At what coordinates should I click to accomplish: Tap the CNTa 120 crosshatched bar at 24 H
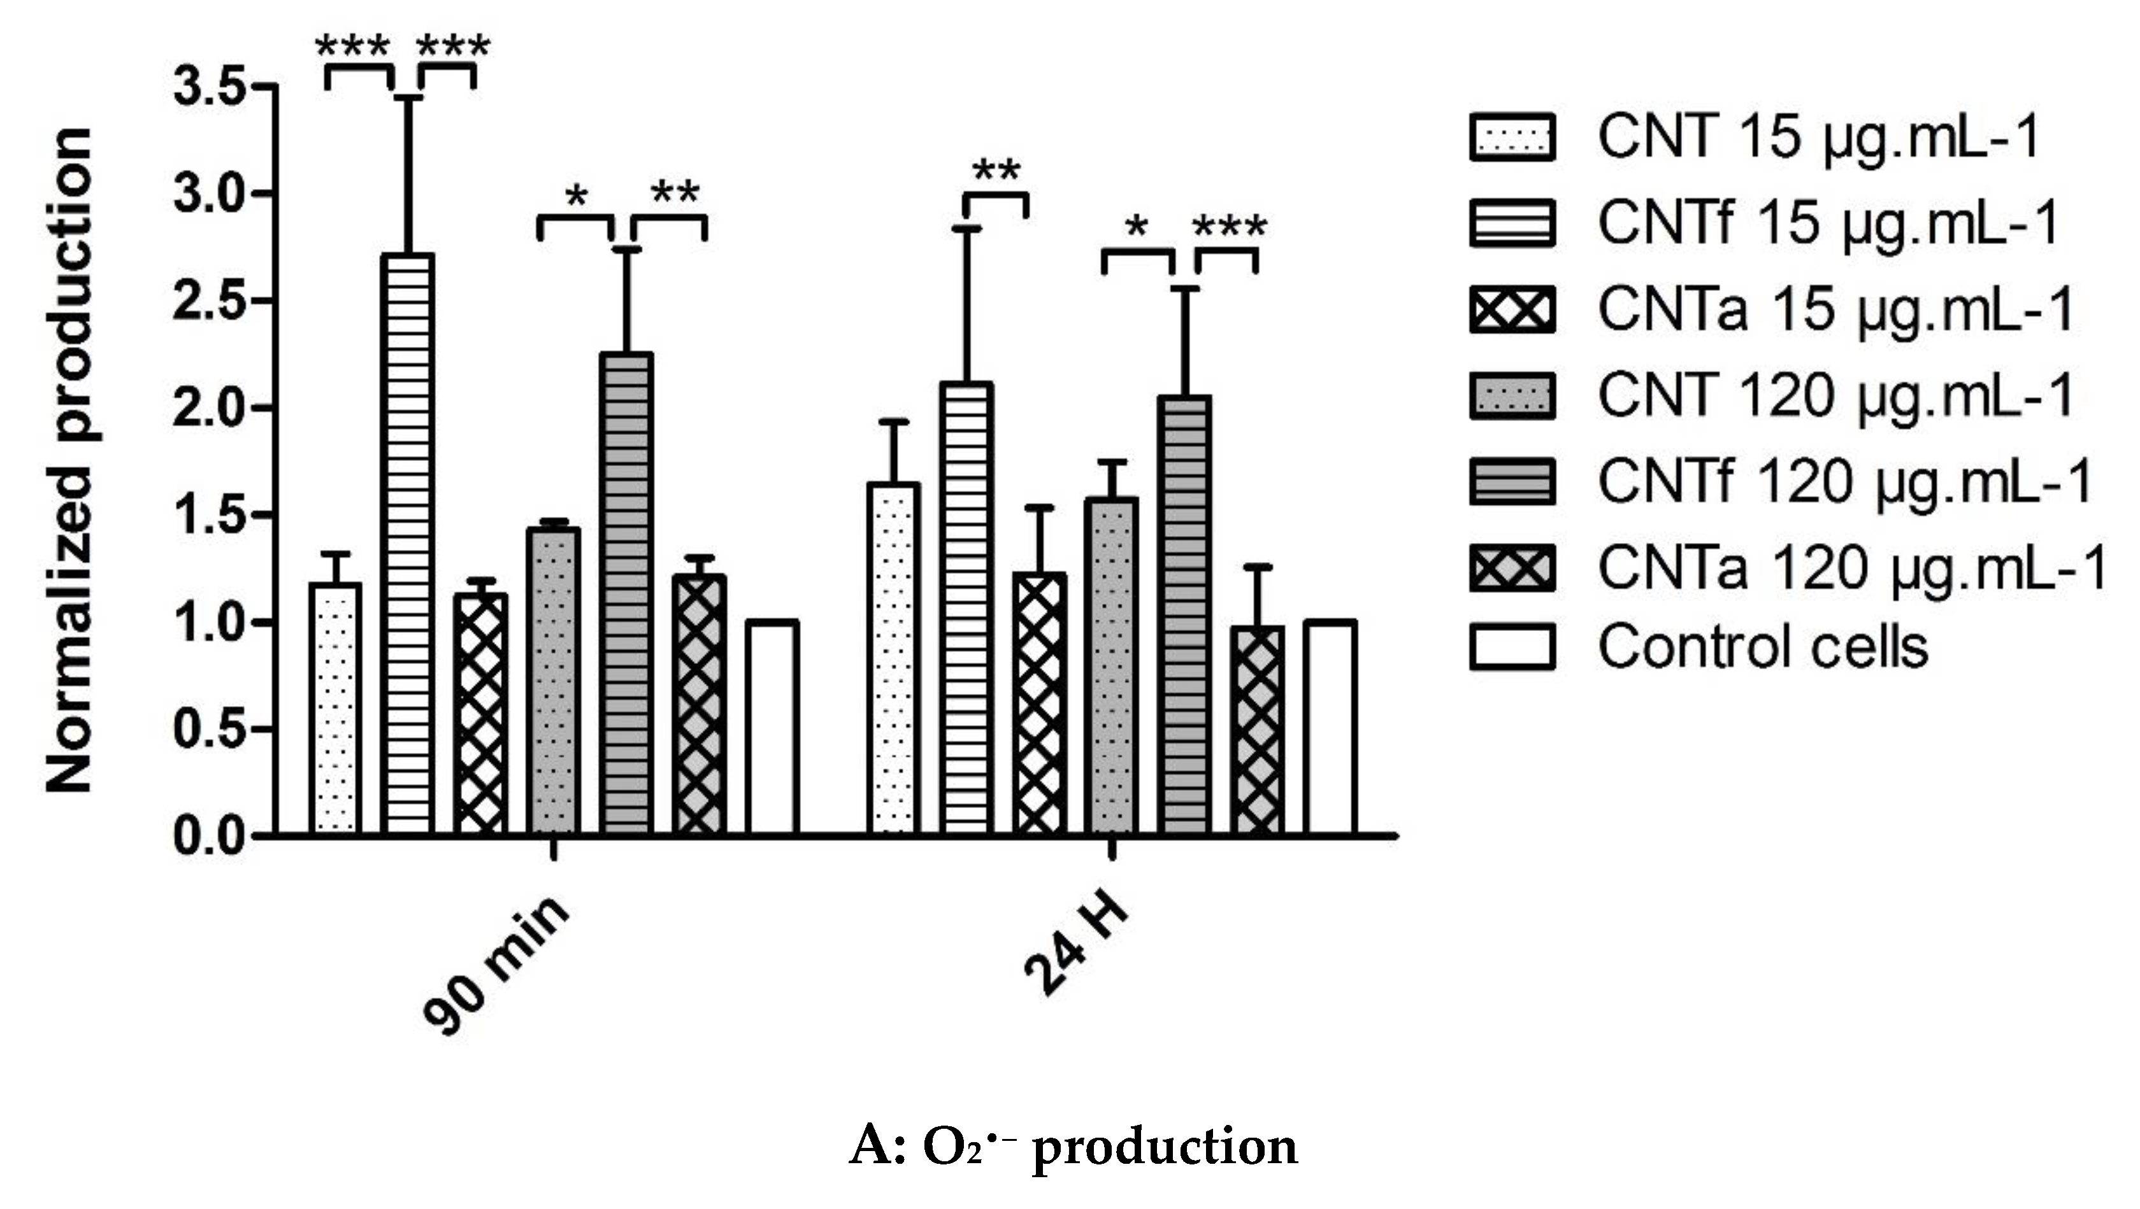(x=1258, y=731)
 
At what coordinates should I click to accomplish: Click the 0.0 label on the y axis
(x=208, y=835)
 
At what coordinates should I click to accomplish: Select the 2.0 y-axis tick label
(x=208, y=407)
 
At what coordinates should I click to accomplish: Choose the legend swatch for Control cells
(x=1511, y=647)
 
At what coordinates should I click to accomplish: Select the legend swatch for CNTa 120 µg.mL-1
(x=1511, y=569)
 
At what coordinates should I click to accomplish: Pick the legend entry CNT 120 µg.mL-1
(x=1836, y=395)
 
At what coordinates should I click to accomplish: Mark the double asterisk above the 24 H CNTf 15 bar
(x=995, y=172)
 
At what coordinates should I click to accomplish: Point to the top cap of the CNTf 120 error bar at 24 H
(x=1184, y=288)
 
